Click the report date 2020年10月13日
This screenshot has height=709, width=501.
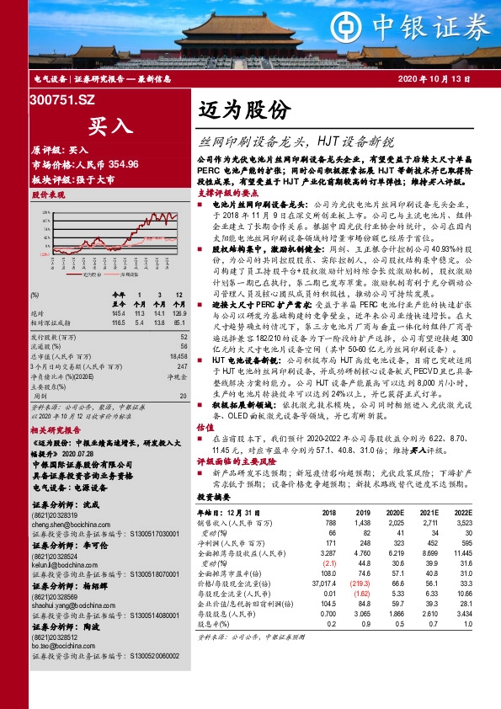[445, 78]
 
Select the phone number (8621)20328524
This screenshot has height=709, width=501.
[55, 557]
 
